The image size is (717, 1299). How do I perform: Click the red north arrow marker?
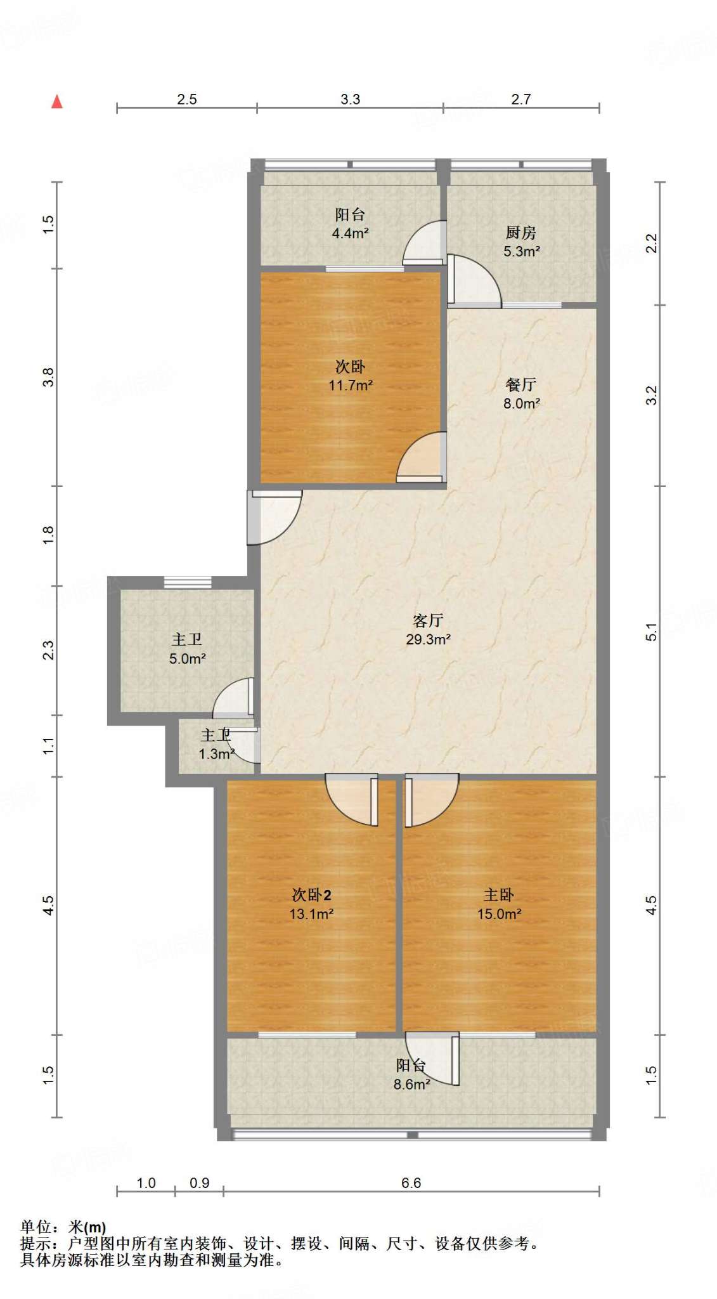(57, 101)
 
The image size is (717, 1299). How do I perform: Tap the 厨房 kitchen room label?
(520, 233)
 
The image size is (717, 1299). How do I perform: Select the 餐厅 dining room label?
(520, 384)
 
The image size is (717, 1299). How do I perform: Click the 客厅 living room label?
(428, 620)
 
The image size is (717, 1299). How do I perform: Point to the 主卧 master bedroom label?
(499, 894)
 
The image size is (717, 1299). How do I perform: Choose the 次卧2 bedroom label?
(311, 894)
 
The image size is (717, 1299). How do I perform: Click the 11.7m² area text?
(350, 385)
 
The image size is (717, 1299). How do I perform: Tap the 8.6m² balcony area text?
(411, 1085)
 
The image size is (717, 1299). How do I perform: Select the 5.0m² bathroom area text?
(187, 659)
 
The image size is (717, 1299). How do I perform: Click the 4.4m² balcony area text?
(350, 233)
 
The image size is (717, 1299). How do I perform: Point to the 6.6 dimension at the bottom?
(411, 1183)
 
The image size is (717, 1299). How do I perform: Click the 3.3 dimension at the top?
(350, 99)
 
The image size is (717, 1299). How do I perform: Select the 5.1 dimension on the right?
(651, 632)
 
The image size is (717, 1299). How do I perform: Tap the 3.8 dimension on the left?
(48, 377)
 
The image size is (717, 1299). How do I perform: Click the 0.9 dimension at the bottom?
(199, 1183)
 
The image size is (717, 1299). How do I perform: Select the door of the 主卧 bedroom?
(431, 800)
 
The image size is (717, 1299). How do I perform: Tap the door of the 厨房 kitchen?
(474, 280)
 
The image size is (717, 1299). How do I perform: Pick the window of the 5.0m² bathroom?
(188, 582)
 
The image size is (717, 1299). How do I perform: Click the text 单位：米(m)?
(63, 1228)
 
